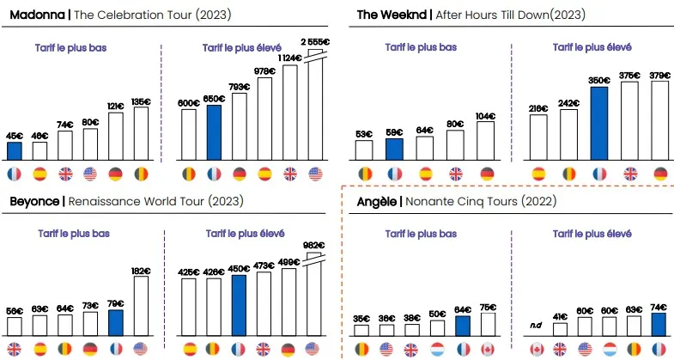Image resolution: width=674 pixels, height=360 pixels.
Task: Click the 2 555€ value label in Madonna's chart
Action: point(315,41)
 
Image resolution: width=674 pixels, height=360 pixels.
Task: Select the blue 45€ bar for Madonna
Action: point(15,151)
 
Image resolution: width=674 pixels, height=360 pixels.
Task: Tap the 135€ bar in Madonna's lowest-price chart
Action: point(141,134)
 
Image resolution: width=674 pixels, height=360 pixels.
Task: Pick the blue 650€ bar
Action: point(215,132)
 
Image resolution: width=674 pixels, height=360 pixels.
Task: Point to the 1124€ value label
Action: point(290,58)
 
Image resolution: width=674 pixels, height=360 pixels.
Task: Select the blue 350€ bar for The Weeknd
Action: point(599,123)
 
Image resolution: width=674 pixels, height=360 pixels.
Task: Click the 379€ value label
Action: point(660,74)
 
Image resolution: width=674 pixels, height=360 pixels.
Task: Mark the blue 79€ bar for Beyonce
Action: point(115,322)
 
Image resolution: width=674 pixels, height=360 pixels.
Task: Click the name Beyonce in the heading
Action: point(34,202)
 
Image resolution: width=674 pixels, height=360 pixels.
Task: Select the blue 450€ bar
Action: point(240,304)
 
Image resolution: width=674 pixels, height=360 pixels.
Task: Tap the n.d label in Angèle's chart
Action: point(537,324)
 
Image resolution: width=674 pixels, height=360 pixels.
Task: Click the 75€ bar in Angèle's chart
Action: point(488,324)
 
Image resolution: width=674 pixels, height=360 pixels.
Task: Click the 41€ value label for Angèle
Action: point(561,316)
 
